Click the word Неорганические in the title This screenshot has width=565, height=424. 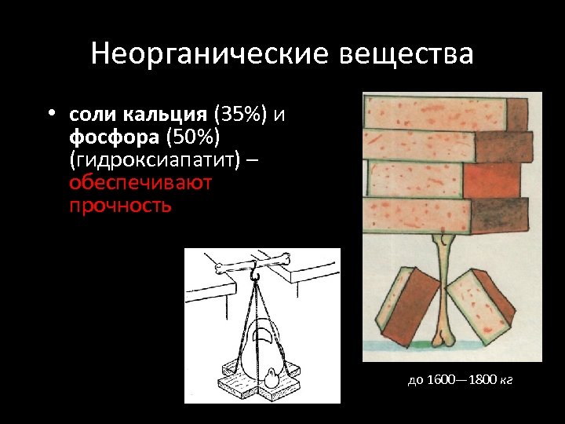pyautogui.click(x=211, y=54)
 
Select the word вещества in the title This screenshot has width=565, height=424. pyautogui.click(x=407, y=54)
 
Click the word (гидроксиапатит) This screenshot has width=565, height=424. pyautogui.click(x=162, y=160)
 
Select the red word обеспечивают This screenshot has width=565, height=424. pyautogui.click(x=140, y=183)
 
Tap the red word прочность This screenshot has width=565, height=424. pyautogui.click(x=119, y=206)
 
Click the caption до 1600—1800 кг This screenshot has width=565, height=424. pyautogui.click(x=460, y=381)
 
